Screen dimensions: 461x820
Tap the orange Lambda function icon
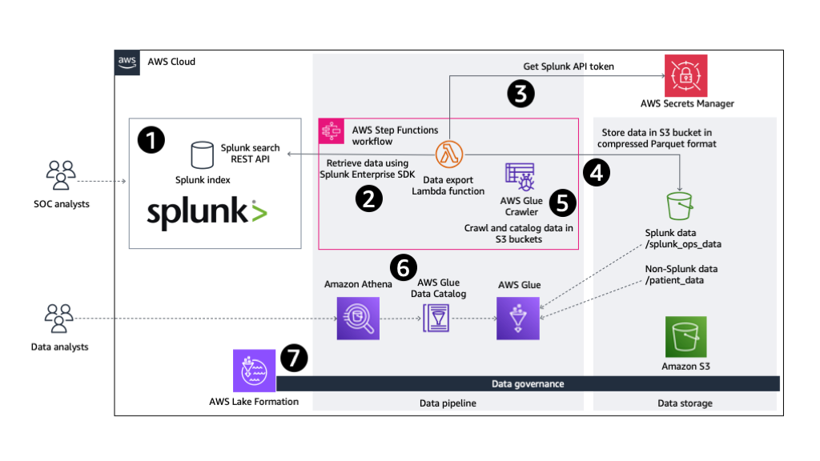point(448,153)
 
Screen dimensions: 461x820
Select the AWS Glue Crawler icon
point(519,176)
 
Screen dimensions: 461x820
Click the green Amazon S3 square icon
point(685,337)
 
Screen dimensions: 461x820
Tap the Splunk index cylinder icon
point(201,154)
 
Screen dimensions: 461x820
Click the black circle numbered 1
point(151,139)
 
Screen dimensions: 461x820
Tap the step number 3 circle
point(521,94)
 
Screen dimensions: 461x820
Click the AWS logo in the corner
point(127,62)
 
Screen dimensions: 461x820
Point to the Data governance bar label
point(527,384)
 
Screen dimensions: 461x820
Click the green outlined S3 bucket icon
point(680,205)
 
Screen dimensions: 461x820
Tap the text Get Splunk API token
point(569,66)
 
